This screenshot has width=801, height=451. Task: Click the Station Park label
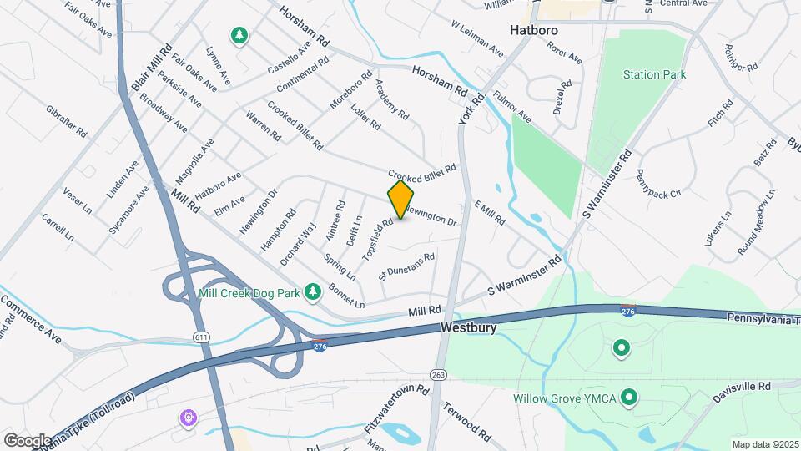655,74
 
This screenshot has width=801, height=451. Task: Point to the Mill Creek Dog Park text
248,292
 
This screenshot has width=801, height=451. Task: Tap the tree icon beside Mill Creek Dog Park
313,291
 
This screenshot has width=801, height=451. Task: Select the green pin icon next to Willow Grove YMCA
630,398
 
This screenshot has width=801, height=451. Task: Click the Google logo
28,440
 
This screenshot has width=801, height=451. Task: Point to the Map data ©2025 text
764,444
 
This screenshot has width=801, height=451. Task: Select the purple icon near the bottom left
189,416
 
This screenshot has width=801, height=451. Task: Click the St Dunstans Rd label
407,266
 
